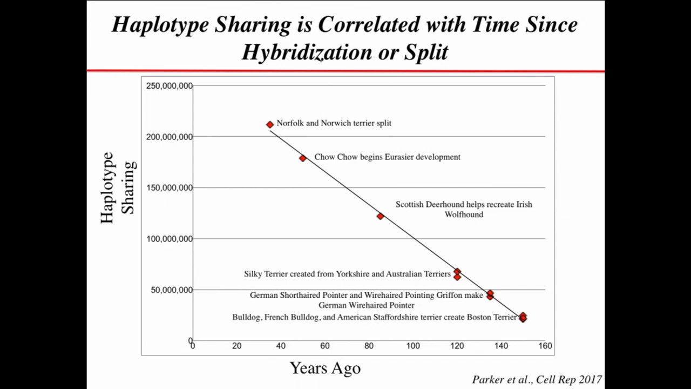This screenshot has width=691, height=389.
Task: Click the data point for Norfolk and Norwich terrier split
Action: (270, 125)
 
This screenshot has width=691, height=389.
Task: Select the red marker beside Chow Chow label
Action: (303, 158)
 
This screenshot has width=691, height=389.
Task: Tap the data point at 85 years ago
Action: (380, 216)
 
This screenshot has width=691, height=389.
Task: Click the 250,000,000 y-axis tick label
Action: (170, 86)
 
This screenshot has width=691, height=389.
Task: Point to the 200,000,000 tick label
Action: (170, 137)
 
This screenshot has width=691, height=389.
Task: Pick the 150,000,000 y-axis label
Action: (170, 187)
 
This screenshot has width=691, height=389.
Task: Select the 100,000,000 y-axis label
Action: (170, 239)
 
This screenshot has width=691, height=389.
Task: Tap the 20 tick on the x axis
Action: (236, 346)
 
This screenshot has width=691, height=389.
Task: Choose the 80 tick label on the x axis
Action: (369, 346)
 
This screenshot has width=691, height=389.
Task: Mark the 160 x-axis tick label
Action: (545, 346)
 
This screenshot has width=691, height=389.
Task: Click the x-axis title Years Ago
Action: (325, 368)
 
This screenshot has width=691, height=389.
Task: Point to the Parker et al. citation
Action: (537, 379)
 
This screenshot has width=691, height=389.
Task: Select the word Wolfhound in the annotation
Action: (464, 214)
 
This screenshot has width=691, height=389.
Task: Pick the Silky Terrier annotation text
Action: (347, 274)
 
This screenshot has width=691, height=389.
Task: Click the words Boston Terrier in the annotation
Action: (491, 317)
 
